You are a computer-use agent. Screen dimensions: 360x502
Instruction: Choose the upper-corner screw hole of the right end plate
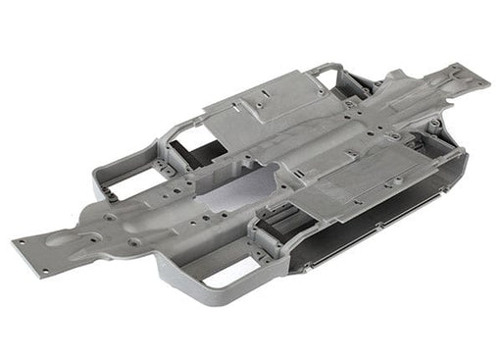(457, 69)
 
